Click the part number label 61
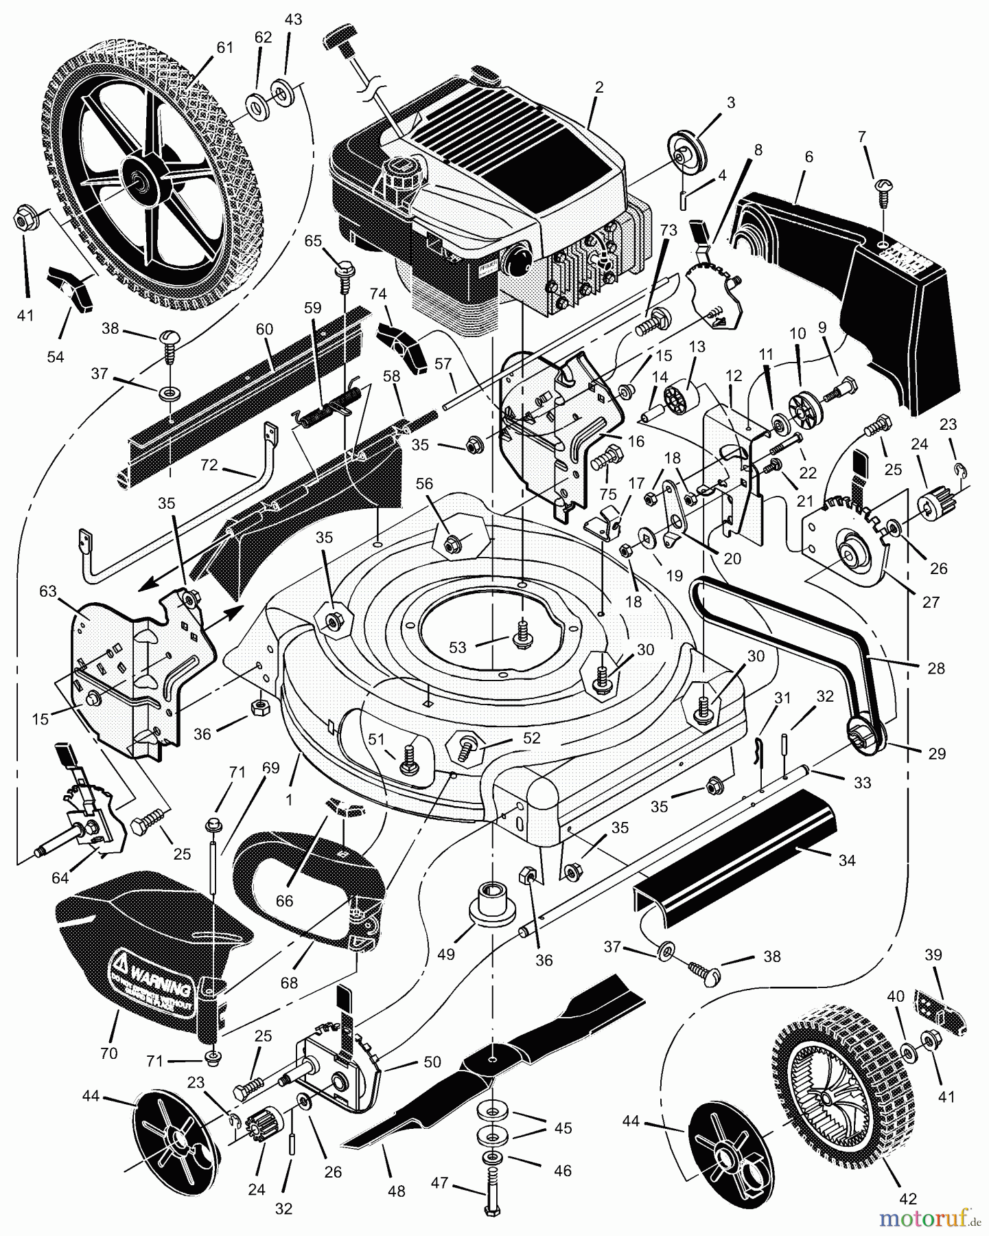pos(224,48)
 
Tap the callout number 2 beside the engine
pos(598,87)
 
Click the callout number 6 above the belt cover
pos(808,157)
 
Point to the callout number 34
pos(847,860)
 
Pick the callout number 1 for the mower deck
pos(289,799)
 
